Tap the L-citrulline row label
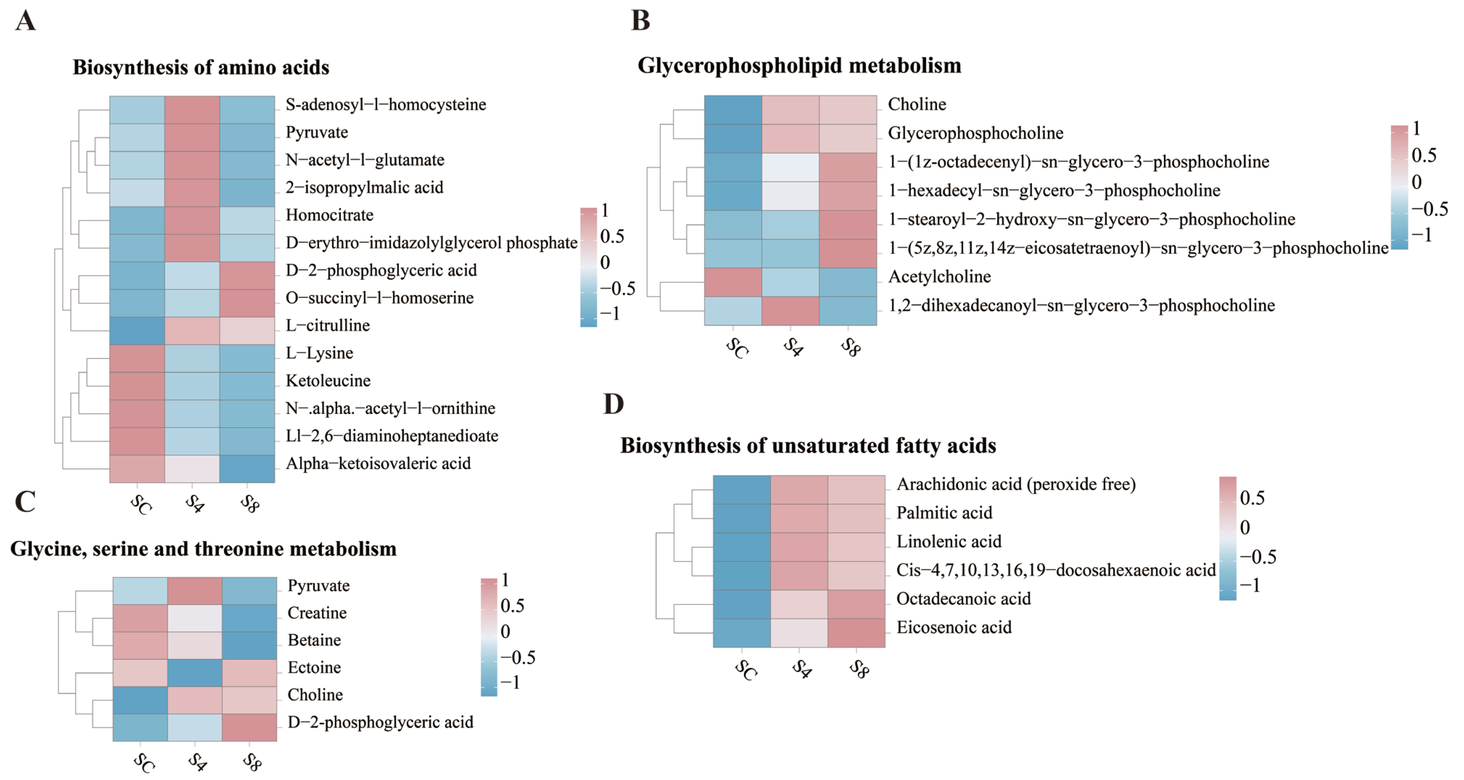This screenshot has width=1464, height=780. click(x=327, y=325)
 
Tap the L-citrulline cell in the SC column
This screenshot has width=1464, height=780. click(x=137, y=330)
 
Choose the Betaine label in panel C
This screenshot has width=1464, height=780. click(x=314, y=640)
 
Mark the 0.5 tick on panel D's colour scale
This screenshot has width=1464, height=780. click(x=1252, y=498)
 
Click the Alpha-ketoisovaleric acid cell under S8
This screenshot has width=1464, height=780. click(x=247, y=468)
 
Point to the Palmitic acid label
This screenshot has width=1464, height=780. click(x=944, y=513)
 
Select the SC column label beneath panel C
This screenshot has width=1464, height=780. click(x=143, y=762)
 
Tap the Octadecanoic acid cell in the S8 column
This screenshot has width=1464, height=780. click(x=856, y=604)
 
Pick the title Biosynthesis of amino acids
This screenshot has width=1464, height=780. click(x=201, y=67)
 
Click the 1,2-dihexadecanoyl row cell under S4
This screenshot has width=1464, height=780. click(x=790, y=311)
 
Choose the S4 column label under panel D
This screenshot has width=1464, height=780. click(x=801, y=669)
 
